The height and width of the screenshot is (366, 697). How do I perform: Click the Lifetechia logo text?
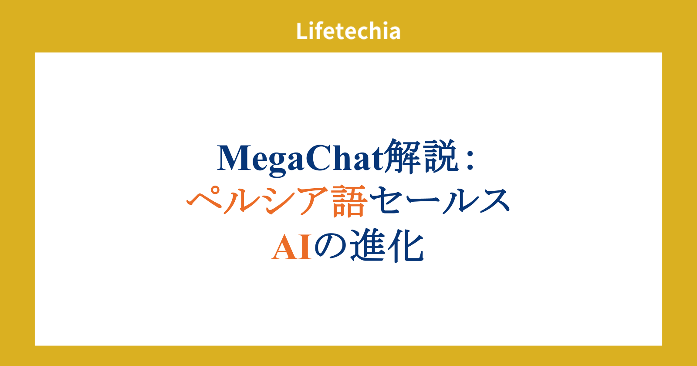tap(348, 31)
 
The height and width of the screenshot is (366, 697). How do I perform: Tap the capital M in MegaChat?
tap(233, 158)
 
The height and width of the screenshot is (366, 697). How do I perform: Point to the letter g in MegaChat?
tap(276, 164)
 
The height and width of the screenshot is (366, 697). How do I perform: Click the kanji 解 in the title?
tap(402, 156)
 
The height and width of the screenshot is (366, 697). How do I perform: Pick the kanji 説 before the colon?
tap(440, 156)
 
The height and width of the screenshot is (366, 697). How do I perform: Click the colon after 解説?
tap(470, 161)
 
